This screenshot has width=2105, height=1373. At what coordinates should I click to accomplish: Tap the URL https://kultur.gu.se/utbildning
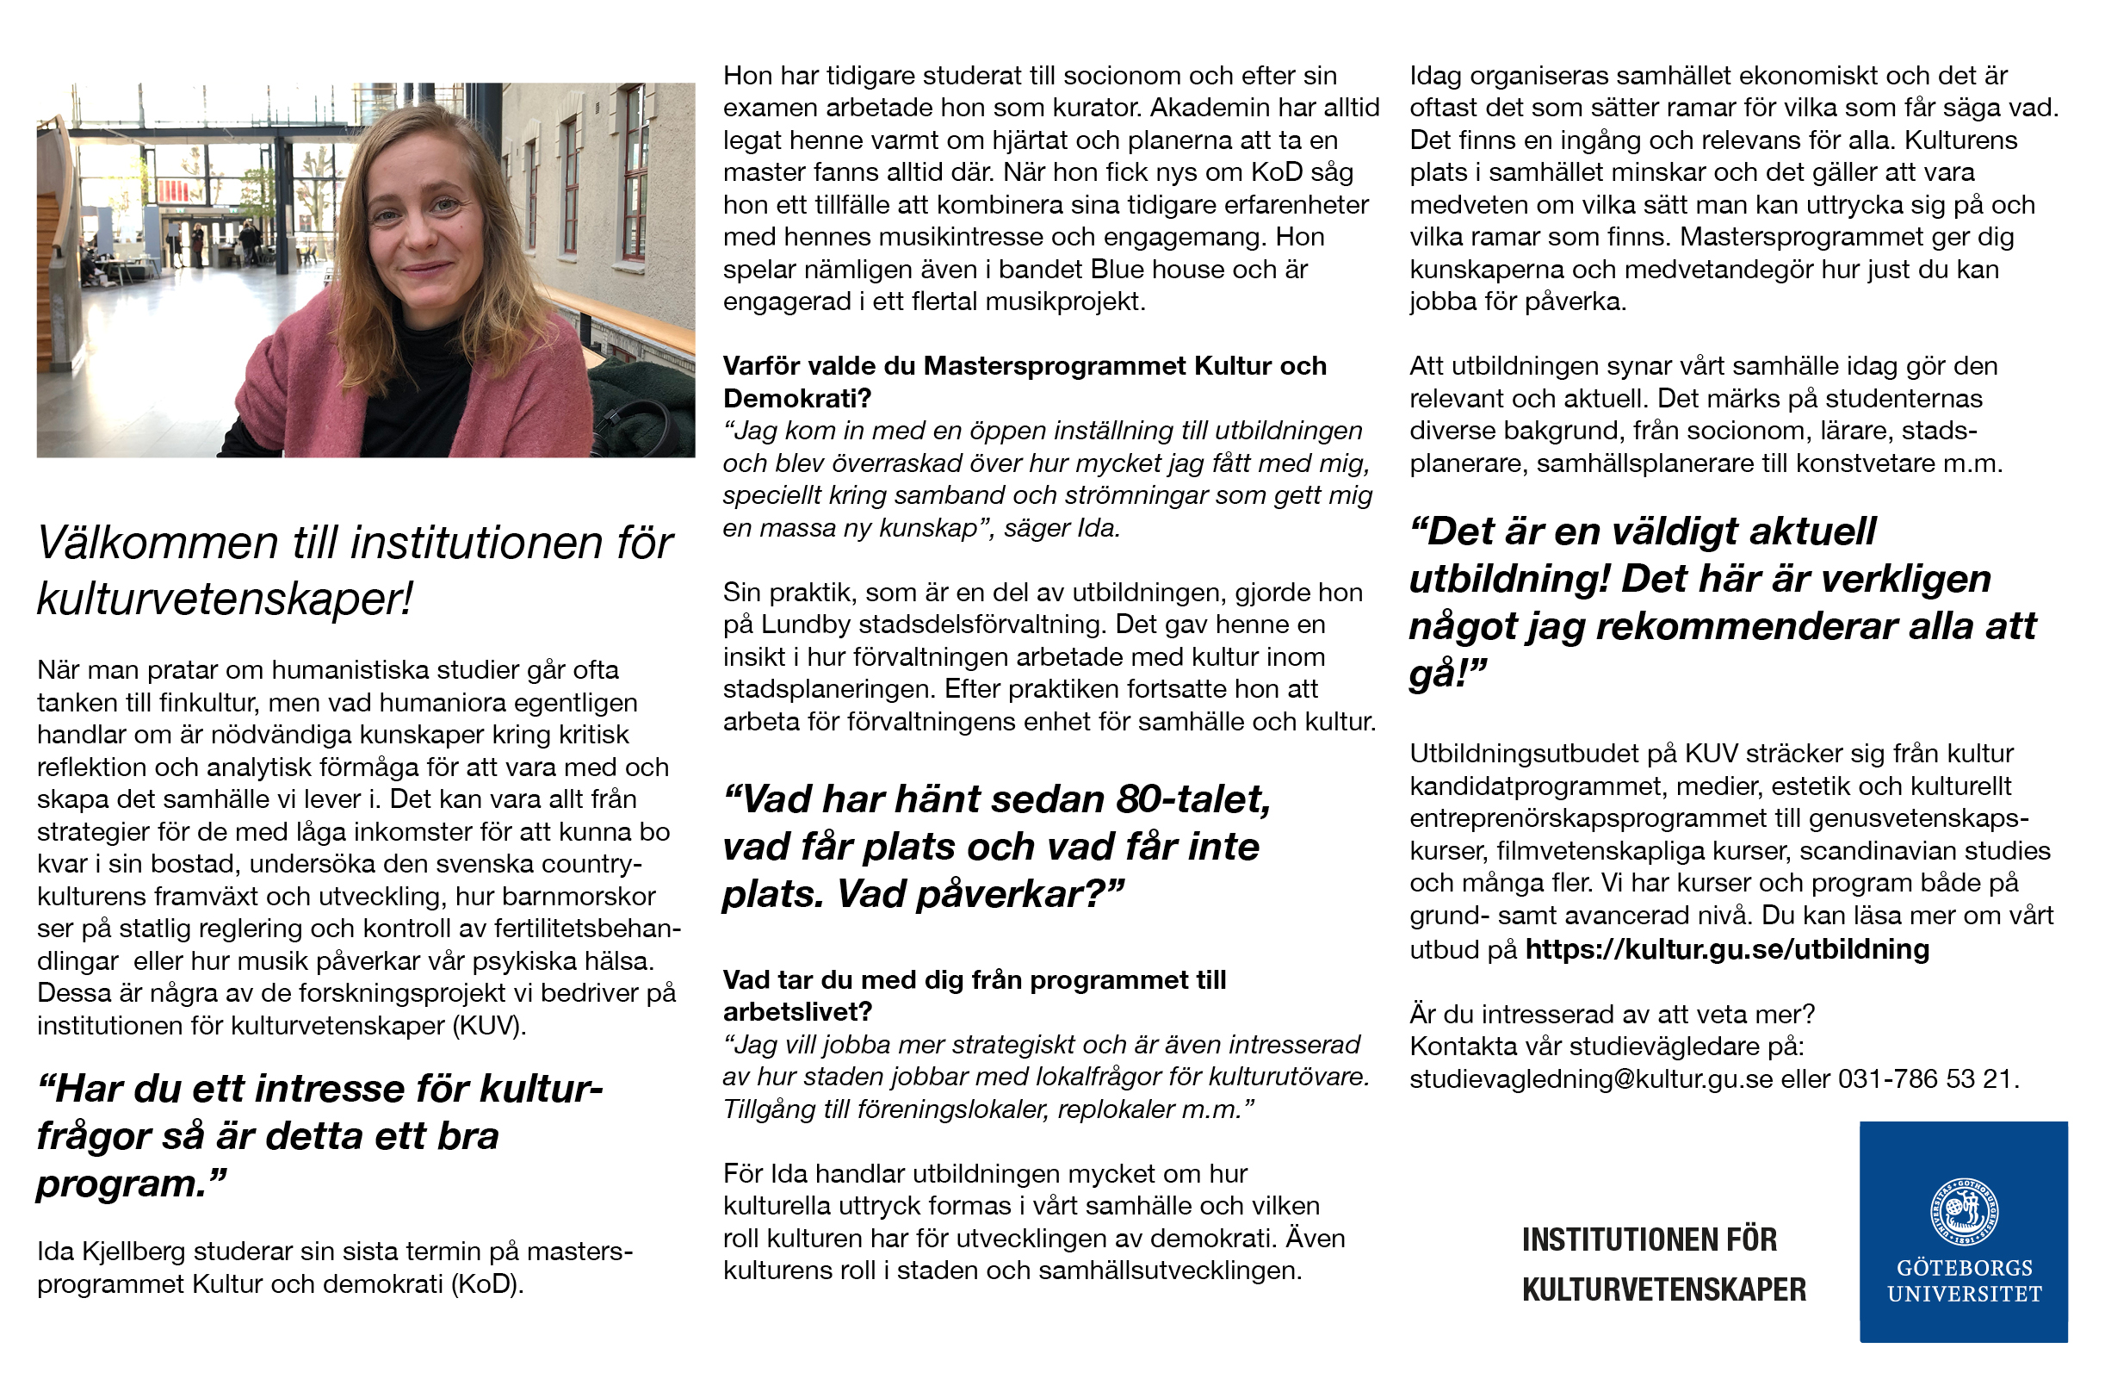click(1726, 949)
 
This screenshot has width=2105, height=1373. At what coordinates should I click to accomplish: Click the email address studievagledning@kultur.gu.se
click(1590, 1079)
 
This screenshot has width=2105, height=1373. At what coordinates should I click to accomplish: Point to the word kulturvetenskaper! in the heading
click(225, 599)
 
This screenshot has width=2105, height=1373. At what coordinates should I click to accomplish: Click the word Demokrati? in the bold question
click(797, 399)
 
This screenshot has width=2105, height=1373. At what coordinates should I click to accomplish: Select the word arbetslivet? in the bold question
click(797, 1012)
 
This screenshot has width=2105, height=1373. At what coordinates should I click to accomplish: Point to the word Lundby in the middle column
click(801, 624)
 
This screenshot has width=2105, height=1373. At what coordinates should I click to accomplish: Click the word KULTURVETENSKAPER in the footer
click(1663, 1289)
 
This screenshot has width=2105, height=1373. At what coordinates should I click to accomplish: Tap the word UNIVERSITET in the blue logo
click(1965, 1295)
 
